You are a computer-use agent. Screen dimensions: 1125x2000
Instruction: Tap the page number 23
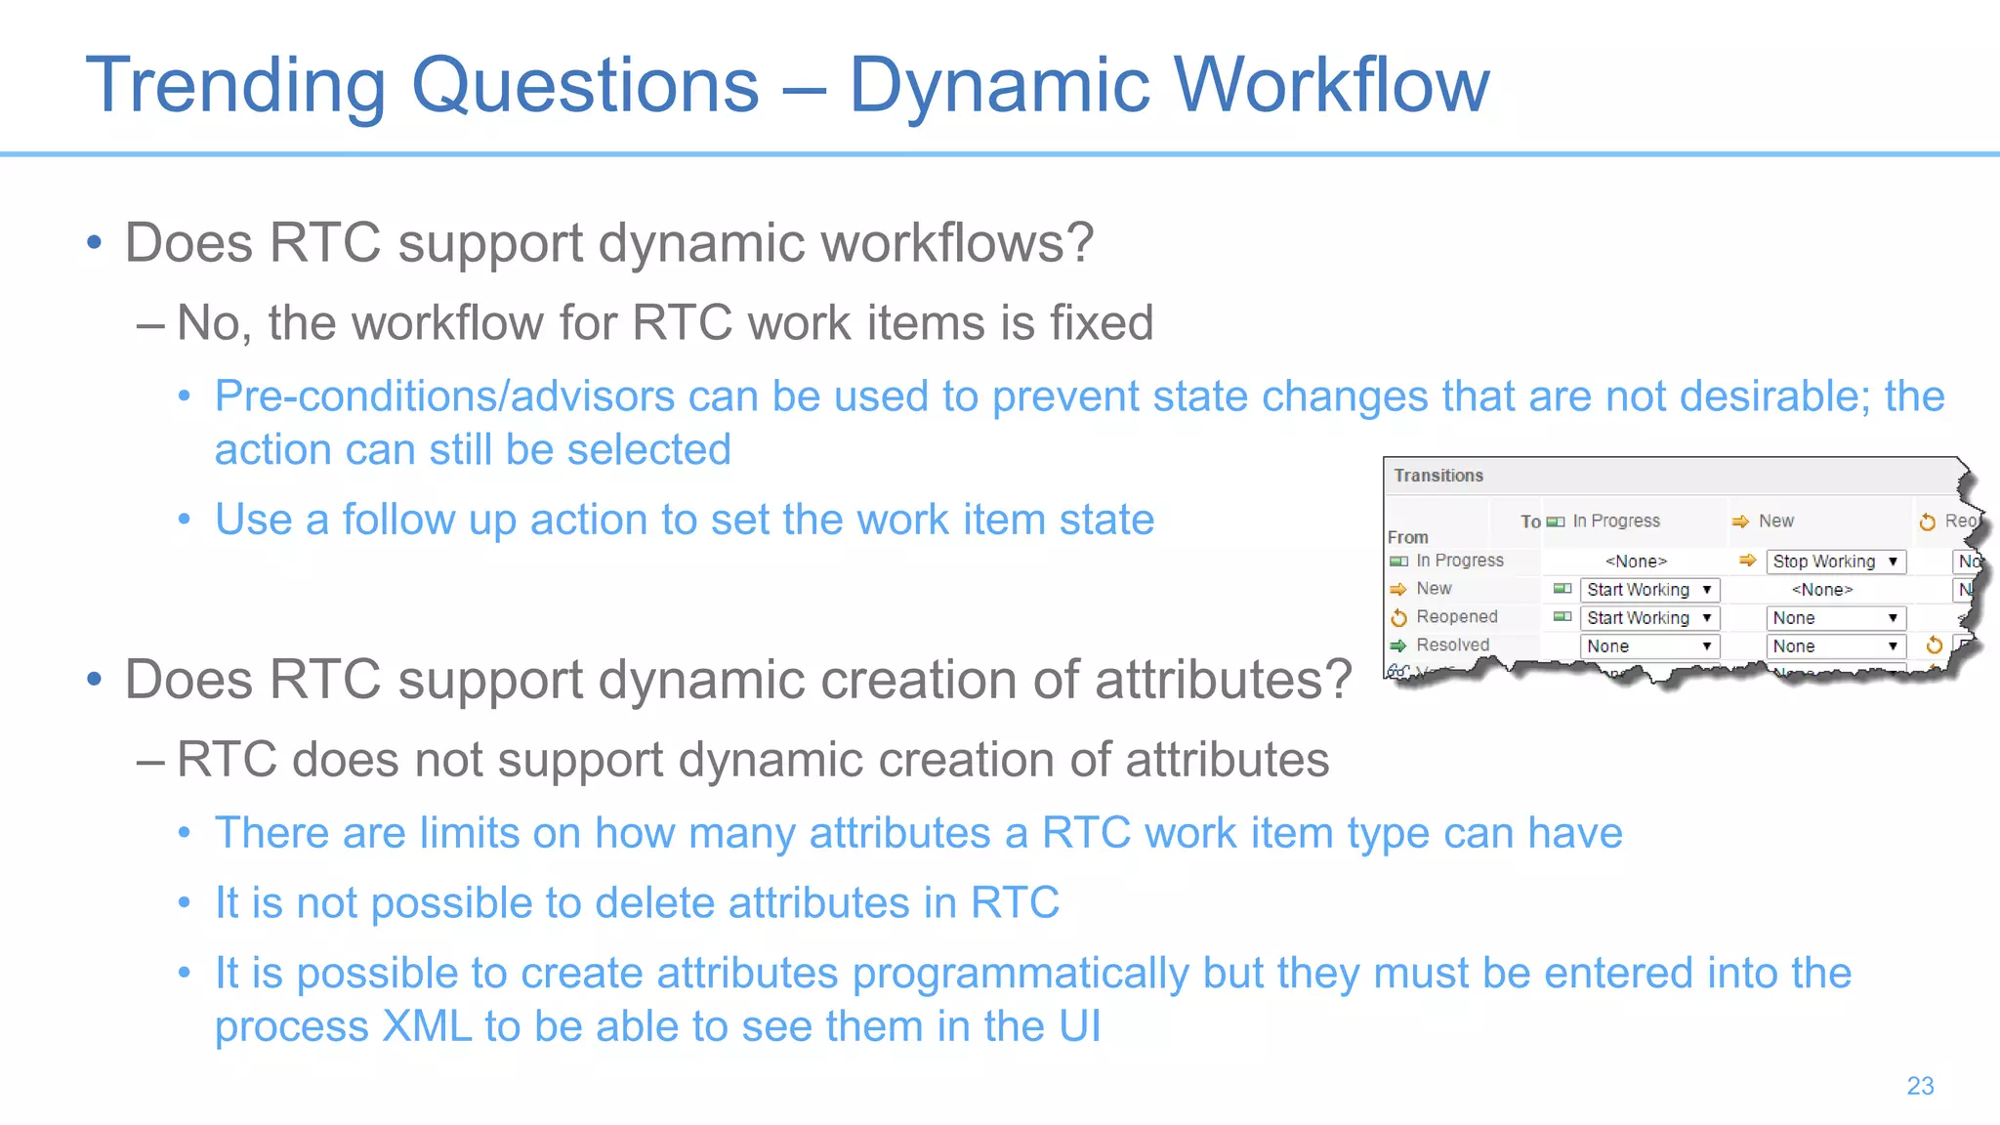click(x=1920, y=1086)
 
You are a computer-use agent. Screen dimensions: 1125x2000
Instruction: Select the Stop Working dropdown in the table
click(x=1835, y=562)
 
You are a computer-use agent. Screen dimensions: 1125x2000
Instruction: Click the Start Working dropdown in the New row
click(x=1648, y=590)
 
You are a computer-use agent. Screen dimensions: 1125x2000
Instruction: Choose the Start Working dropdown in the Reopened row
click(x=1648, y=618)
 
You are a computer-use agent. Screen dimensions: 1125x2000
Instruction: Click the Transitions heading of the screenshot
click(x=1437, y=476)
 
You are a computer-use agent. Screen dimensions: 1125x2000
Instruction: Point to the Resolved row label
click(x=1452, y=646)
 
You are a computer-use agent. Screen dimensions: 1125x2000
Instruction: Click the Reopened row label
click(x=1456, y=617)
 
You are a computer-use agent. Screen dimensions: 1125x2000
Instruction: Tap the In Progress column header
click(x=1615, y=521)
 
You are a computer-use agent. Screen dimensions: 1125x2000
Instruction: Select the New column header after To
click(x=1775, y=521)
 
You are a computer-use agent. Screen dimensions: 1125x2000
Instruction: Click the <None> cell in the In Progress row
click(x=1636, y=562)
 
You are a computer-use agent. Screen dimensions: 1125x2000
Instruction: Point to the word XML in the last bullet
click(x=427, y=1027)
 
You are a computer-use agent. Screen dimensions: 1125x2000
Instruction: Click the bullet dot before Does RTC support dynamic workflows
click(x=95, y=243)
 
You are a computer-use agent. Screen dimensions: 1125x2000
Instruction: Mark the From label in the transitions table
click(x=1407, y=537)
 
